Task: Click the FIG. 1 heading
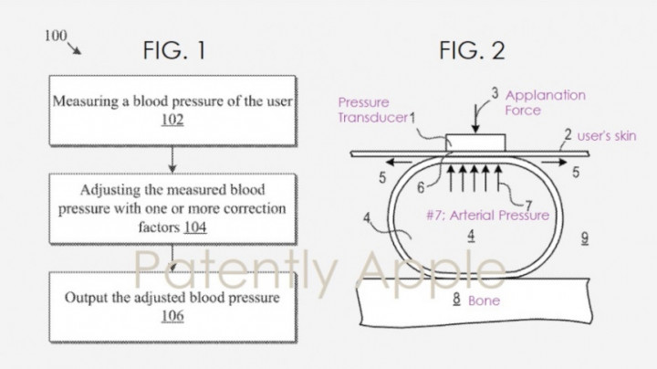[x=174, y=50]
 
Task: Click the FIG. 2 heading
[x=472, y=50]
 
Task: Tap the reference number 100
[x=56, y=36]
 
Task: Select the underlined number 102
[x=172, y=120]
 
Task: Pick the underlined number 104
[x=195, y=227]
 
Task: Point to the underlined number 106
[x=172, y=315]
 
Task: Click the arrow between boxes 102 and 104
[x=172, y=159]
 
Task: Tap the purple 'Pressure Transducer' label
[x=372, y=110]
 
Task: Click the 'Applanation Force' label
[x=545, y=102]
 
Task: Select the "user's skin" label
[x=607, y=136]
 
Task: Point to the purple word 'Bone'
[x=484, y=300]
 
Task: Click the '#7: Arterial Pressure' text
[x=487, y=216]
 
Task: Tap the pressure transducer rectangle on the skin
[x=475, y=143]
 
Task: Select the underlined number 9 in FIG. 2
[x=585, y=238]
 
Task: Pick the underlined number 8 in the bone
[x=457, y=299]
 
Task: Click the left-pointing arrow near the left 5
[x=400, y=162]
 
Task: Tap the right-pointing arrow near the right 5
[x=554, y=163]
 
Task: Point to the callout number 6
[x=421, y=187]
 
